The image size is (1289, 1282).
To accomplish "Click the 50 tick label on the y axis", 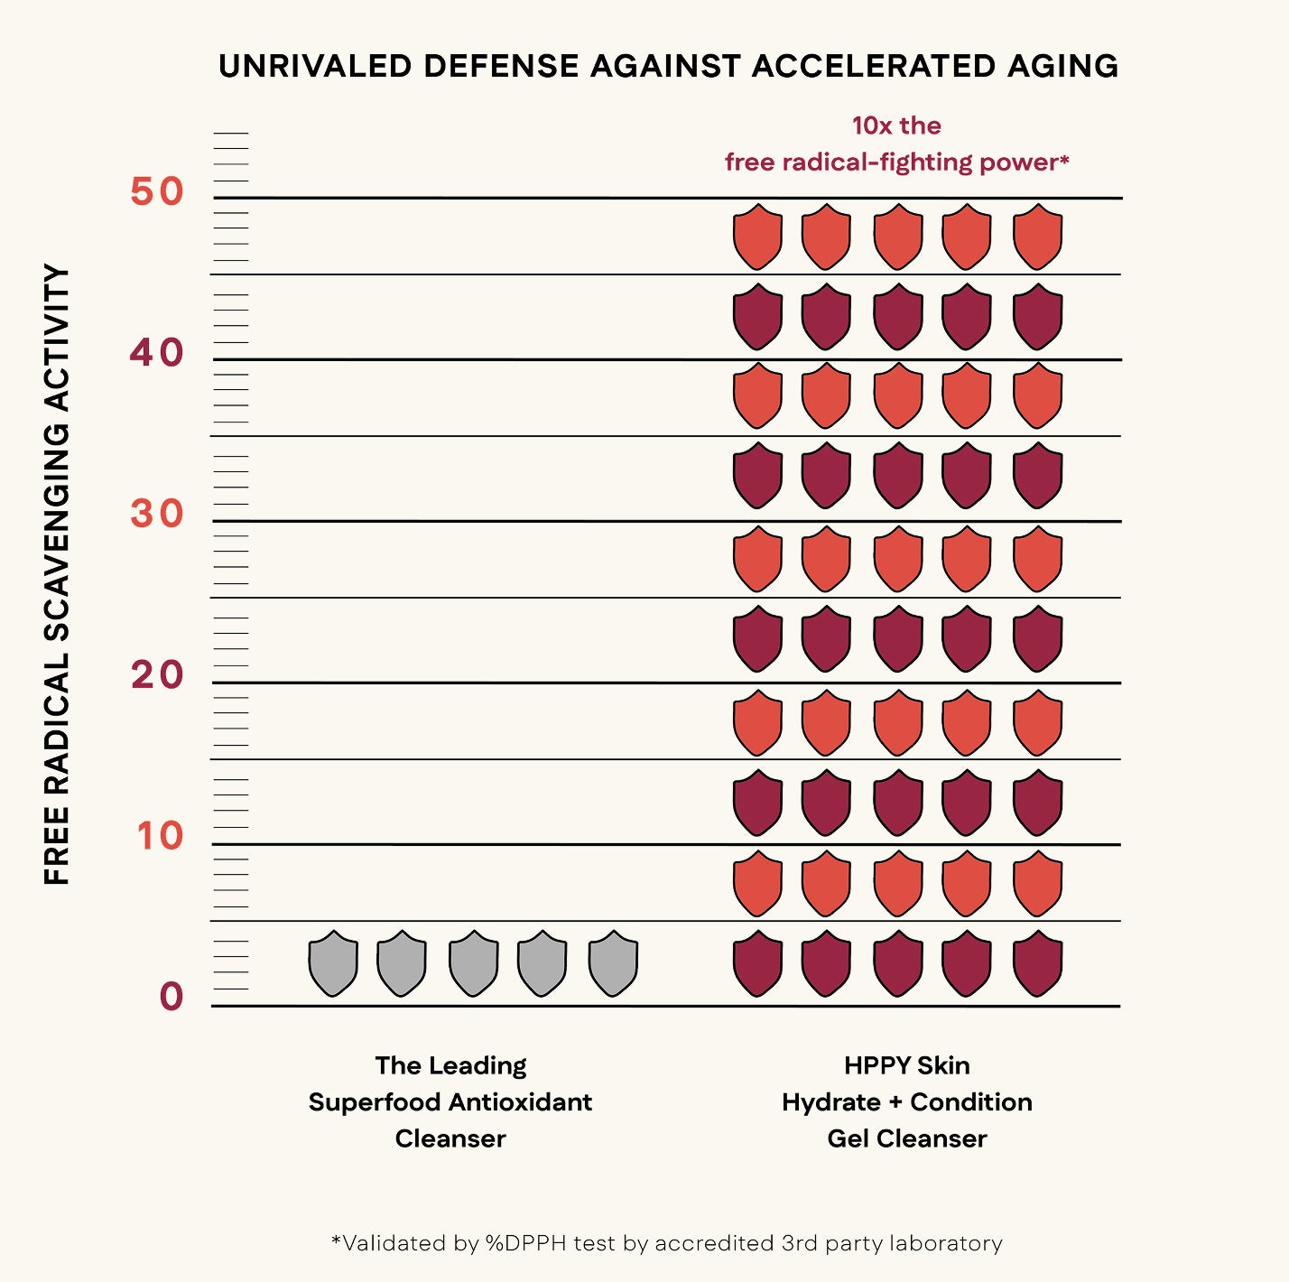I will (x=157, y=191).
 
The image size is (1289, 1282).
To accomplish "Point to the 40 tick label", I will (x=157, y=353).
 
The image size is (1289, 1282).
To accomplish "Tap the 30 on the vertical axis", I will (x=157, y=514).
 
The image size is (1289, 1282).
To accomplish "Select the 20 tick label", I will (x=157, y=674).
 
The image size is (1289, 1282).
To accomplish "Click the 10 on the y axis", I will (x=160, y=836).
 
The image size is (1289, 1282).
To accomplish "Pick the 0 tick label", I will (x=172, y=997).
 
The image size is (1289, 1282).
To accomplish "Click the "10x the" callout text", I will (x=896, y=125).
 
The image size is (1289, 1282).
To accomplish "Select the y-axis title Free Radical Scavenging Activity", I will (x=57, y=574).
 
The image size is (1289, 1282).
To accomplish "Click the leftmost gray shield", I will (x=333, y=963).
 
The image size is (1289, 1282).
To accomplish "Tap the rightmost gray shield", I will (x=613, y=963).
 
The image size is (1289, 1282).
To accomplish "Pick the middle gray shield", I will (x=474, y=963).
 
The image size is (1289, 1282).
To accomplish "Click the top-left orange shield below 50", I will (x=757, y=237).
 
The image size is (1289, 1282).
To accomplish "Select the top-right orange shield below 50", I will (x=1037, y=237).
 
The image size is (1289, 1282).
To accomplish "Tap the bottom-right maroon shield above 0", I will (x=1037, y=963).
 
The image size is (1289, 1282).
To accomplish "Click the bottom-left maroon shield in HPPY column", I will (x=757, y=963).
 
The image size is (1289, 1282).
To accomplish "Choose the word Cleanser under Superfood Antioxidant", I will (x=450, y=1138).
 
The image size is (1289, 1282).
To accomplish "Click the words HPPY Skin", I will (x=906, y=1065).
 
